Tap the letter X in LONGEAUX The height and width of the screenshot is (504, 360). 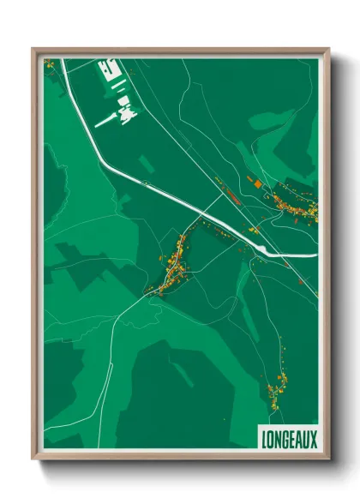point(314,439)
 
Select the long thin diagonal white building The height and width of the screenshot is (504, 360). point(106,121)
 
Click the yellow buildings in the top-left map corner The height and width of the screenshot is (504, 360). point(49,63)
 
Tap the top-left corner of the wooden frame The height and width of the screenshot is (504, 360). point(33,49)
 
